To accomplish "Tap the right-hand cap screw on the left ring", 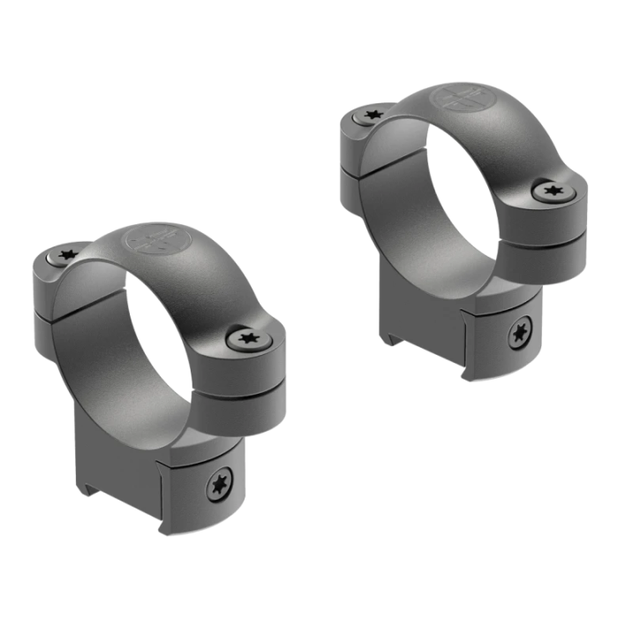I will (x=243, y=338).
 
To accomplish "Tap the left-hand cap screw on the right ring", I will (x=373, y=114).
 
